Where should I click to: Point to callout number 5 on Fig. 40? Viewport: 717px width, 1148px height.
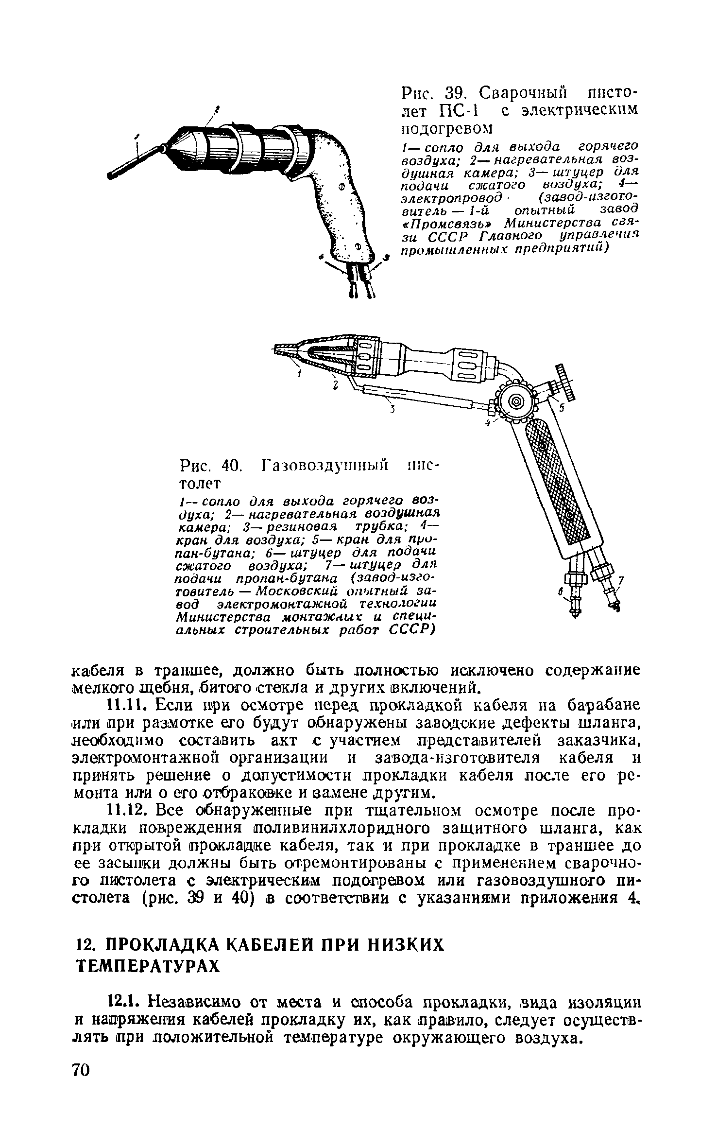pyautogui.click(x=562, y=409)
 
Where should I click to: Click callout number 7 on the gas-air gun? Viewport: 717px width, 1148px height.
pyautogui.click(x=620, y=581)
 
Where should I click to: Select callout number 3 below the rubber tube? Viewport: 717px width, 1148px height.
pyautogui.click(x=393, y=409)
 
